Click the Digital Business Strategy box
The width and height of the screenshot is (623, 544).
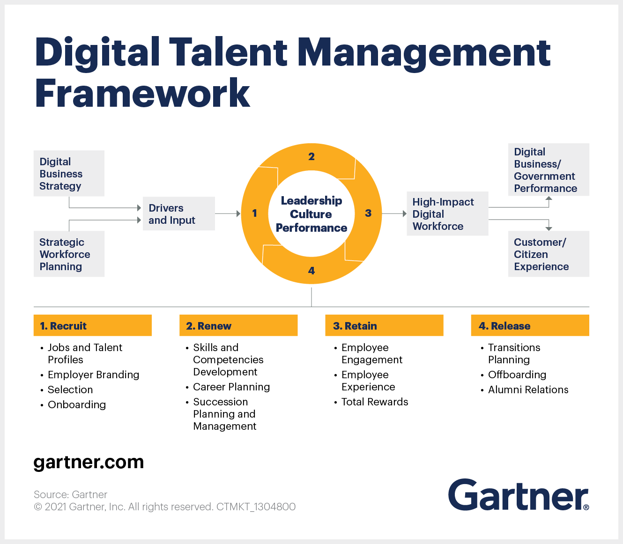coord(69,173)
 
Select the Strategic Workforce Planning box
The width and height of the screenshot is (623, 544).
coord(69,254)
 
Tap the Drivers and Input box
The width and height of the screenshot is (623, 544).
coord(179,213)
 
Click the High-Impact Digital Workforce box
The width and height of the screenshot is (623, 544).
coord(447,213)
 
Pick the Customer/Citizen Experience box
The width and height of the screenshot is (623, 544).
coord(549,254)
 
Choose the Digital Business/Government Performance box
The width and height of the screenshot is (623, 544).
coord(549,169)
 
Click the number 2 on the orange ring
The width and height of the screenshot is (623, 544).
coord(311,156)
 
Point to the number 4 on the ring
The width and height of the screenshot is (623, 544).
coord(311,271)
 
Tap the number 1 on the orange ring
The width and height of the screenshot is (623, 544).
coord(254,213)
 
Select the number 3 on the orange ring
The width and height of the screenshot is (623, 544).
coord(368,213)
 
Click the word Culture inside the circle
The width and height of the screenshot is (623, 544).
coord(311,214)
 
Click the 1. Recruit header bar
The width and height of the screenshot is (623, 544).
coord(93,325)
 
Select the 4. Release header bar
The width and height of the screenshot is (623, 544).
coord(530,325)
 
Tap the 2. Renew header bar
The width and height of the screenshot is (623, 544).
coord(238,325)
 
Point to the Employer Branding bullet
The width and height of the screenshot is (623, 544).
coord(93,375)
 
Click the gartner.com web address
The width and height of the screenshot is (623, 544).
coord(89,463)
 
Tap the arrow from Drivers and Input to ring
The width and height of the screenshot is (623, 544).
coord(228,213)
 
